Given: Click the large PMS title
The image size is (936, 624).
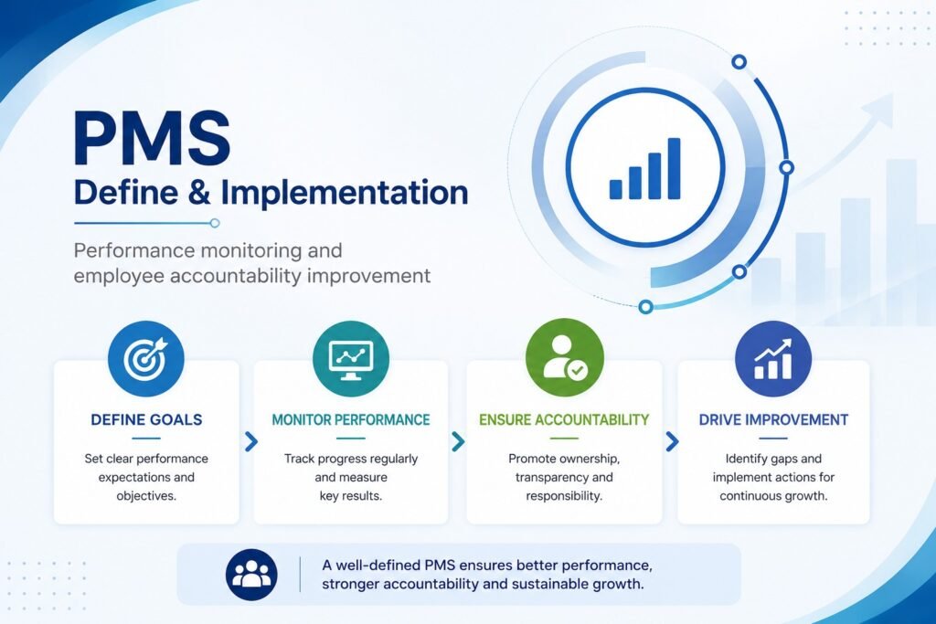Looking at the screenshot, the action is [153, 137].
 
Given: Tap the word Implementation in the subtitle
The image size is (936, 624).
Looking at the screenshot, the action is [345, 193].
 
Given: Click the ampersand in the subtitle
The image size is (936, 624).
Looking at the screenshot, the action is [198, 193].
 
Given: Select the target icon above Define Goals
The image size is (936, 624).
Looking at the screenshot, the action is [146, 358].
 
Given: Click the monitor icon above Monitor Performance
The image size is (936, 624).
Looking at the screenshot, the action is [351, 358].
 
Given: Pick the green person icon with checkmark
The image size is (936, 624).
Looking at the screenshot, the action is [565, 357].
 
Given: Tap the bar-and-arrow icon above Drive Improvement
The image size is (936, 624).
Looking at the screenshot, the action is [773, 358].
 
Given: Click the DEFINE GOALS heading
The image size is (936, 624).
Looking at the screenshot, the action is [146, 420].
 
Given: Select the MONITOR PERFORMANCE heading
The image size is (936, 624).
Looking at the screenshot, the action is [351, 420].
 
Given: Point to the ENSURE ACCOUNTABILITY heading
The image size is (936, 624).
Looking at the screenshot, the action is [564, 420].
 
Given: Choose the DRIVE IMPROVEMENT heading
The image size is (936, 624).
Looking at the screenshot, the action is [773, 420].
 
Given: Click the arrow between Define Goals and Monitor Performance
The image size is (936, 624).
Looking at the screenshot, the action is [251, 441].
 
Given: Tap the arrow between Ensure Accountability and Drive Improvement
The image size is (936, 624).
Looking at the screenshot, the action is [672, 441].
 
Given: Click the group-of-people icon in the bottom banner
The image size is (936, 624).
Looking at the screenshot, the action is [251, 575].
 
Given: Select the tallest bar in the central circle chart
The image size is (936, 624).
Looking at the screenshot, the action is [674, 168].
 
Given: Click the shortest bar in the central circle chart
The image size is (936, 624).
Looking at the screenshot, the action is [615, 189].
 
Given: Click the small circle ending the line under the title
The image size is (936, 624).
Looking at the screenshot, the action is [215, 223].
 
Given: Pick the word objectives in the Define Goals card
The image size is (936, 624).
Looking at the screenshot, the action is [145, 496].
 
